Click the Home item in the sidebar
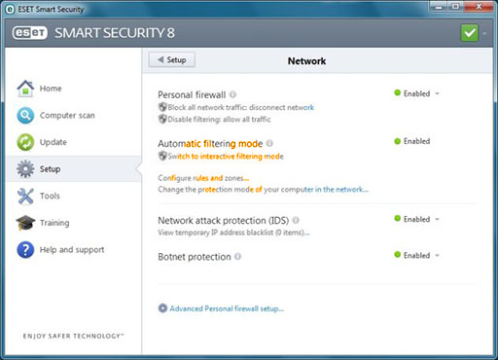click(39, 89)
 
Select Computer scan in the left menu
click(55, 116)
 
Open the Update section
click(42, 142)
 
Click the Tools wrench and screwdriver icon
click(25, 196)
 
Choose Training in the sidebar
click(43, 223)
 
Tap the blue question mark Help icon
click(25, 250)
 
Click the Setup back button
click(172, 60)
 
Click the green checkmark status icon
click(469, 33)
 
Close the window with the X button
click(479, 7)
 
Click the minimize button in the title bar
click(439, 7)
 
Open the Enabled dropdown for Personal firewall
click(416, 93)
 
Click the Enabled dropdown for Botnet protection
click(416, 256)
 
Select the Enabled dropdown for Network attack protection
click(416, 219)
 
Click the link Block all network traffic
click(236, 107)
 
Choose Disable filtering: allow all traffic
click(214, 120)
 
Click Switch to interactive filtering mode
click(221, 157)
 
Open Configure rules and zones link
click(203, 178)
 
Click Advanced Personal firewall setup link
click(221, 308)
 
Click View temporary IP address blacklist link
click(233, 233)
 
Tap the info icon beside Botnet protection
click(237, 257)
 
